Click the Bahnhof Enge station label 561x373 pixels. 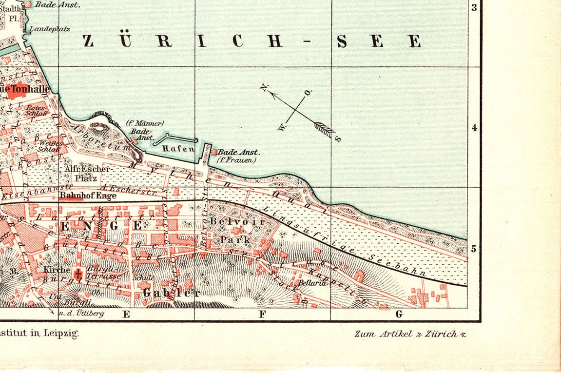point(88,196)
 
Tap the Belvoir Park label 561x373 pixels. point(236,230)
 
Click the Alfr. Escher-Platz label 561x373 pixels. point(88,174)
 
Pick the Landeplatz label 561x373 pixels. point(49,29)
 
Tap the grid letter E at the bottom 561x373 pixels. point(126,314)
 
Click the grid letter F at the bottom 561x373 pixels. point(262,314)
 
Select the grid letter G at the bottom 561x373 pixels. point(399,314)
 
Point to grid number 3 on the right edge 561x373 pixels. point(474,7)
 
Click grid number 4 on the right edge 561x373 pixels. point(474,128)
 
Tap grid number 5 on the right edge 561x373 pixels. point(474,249)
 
